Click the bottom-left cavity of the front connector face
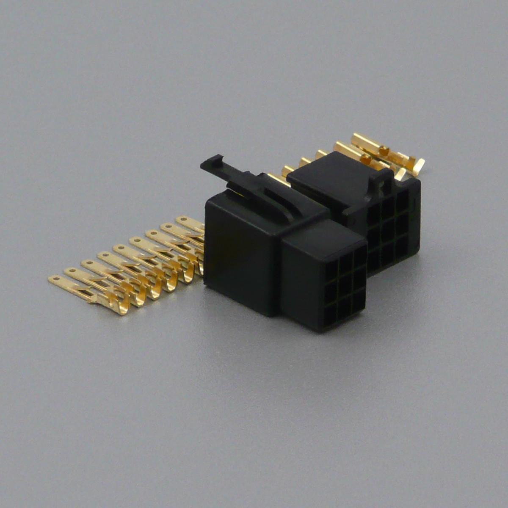330,314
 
